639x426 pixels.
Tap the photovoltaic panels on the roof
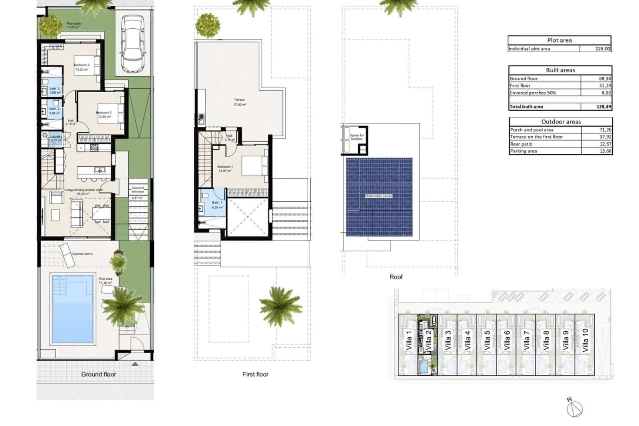tap(379, 196)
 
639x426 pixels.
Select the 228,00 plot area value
tap(602, 49)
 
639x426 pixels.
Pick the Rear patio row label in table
tap(521, 144)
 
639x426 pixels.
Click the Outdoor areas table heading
tap(561, 121)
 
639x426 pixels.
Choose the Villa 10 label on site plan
tap(585, 340)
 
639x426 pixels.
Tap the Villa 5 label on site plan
tap(487, 340)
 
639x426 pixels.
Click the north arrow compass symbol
tap(574, 408)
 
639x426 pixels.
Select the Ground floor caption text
tap(98, 374)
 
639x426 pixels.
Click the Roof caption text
tap(396, 277)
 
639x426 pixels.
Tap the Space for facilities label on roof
tap(357, 137)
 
